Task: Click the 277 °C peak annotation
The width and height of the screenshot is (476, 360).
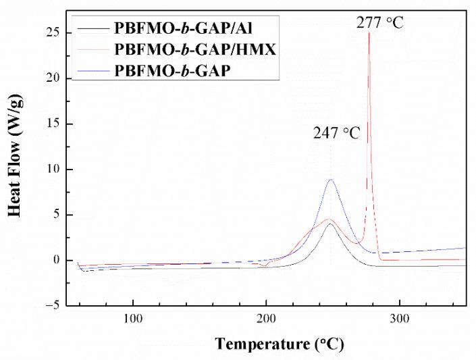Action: [380, 23]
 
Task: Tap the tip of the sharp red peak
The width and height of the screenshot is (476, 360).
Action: [369, 32]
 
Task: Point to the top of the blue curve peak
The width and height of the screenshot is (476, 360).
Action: [330, 180]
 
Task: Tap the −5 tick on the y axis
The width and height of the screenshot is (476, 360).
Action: [61, 305]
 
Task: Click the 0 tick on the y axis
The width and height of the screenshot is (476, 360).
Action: [64, 260]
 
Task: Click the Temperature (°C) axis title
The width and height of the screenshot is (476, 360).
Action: [280, 344]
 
